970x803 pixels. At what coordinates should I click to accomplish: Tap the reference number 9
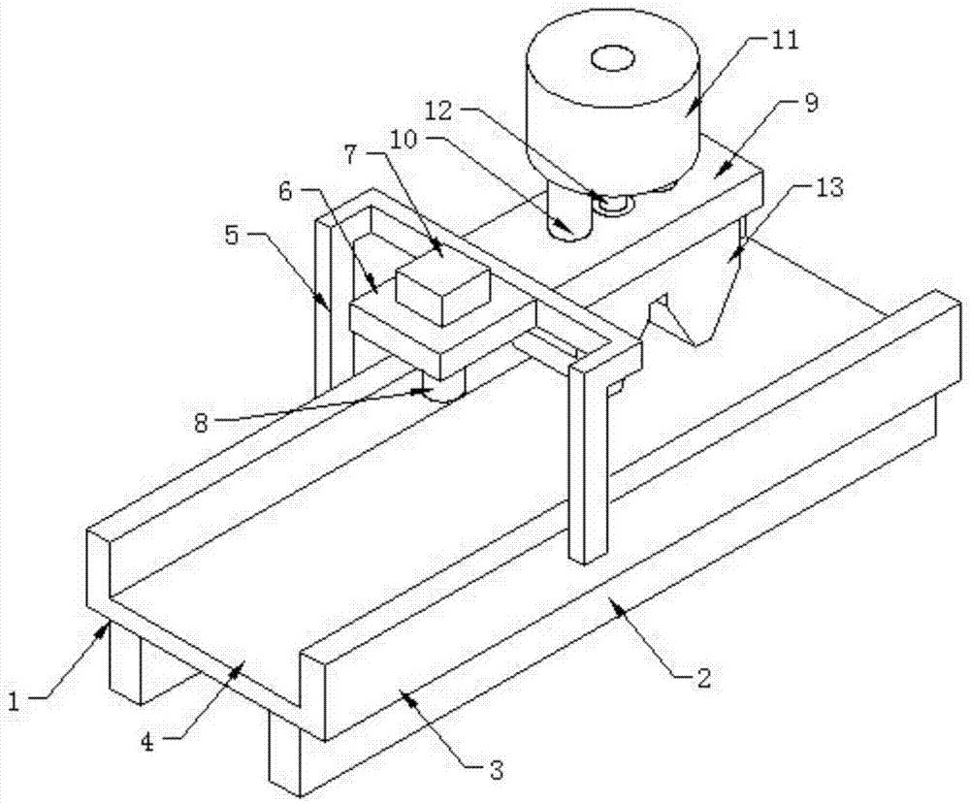point(811,102)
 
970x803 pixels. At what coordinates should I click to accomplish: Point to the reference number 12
point(440,111)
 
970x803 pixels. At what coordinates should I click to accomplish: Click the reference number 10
point(404,140)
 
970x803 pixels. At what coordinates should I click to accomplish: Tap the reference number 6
point(285,191)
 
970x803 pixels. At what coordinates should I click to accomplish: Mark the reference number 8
point(201,425)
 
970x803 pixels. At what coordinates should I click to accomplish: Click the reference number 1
point(15,702)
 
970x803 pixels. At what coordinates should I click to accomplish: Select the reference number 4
point(146,741)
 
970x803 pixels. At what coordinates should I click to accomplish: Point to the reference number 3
point(496,771)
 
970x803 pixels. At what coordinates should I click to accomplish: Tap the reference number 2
point(703,678)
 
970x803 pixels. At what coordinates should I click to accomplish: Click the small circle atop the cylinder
point(613,59)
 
